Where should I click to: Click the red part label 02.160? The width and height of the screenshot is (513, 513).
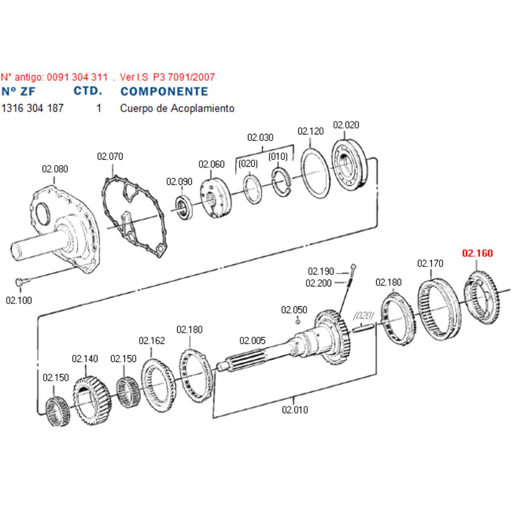(x=477, y=253)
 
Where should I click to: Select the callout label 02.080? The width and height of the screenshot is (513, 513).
(x=55, y=169)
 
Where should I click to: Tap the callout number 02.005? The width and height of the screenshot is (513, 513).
(x=252, y=341)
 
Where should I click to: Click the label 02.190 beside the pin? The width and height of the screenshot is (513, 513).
(x=321, y=271)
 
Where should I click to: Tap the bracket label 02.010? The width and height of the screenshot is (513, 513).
(x=294, y=409)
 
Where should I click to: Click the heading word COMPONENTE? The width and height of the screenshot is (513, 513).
(x=164, y=91)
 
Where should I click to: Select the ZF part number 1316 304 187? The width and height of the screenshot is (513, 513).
(x=32, y=108)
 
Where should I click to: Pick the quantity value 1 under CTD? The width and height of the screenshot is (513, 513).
(x=99, y=108)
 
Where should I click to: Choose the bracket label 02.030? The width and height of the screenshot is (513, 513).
(x=260, y=138)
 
